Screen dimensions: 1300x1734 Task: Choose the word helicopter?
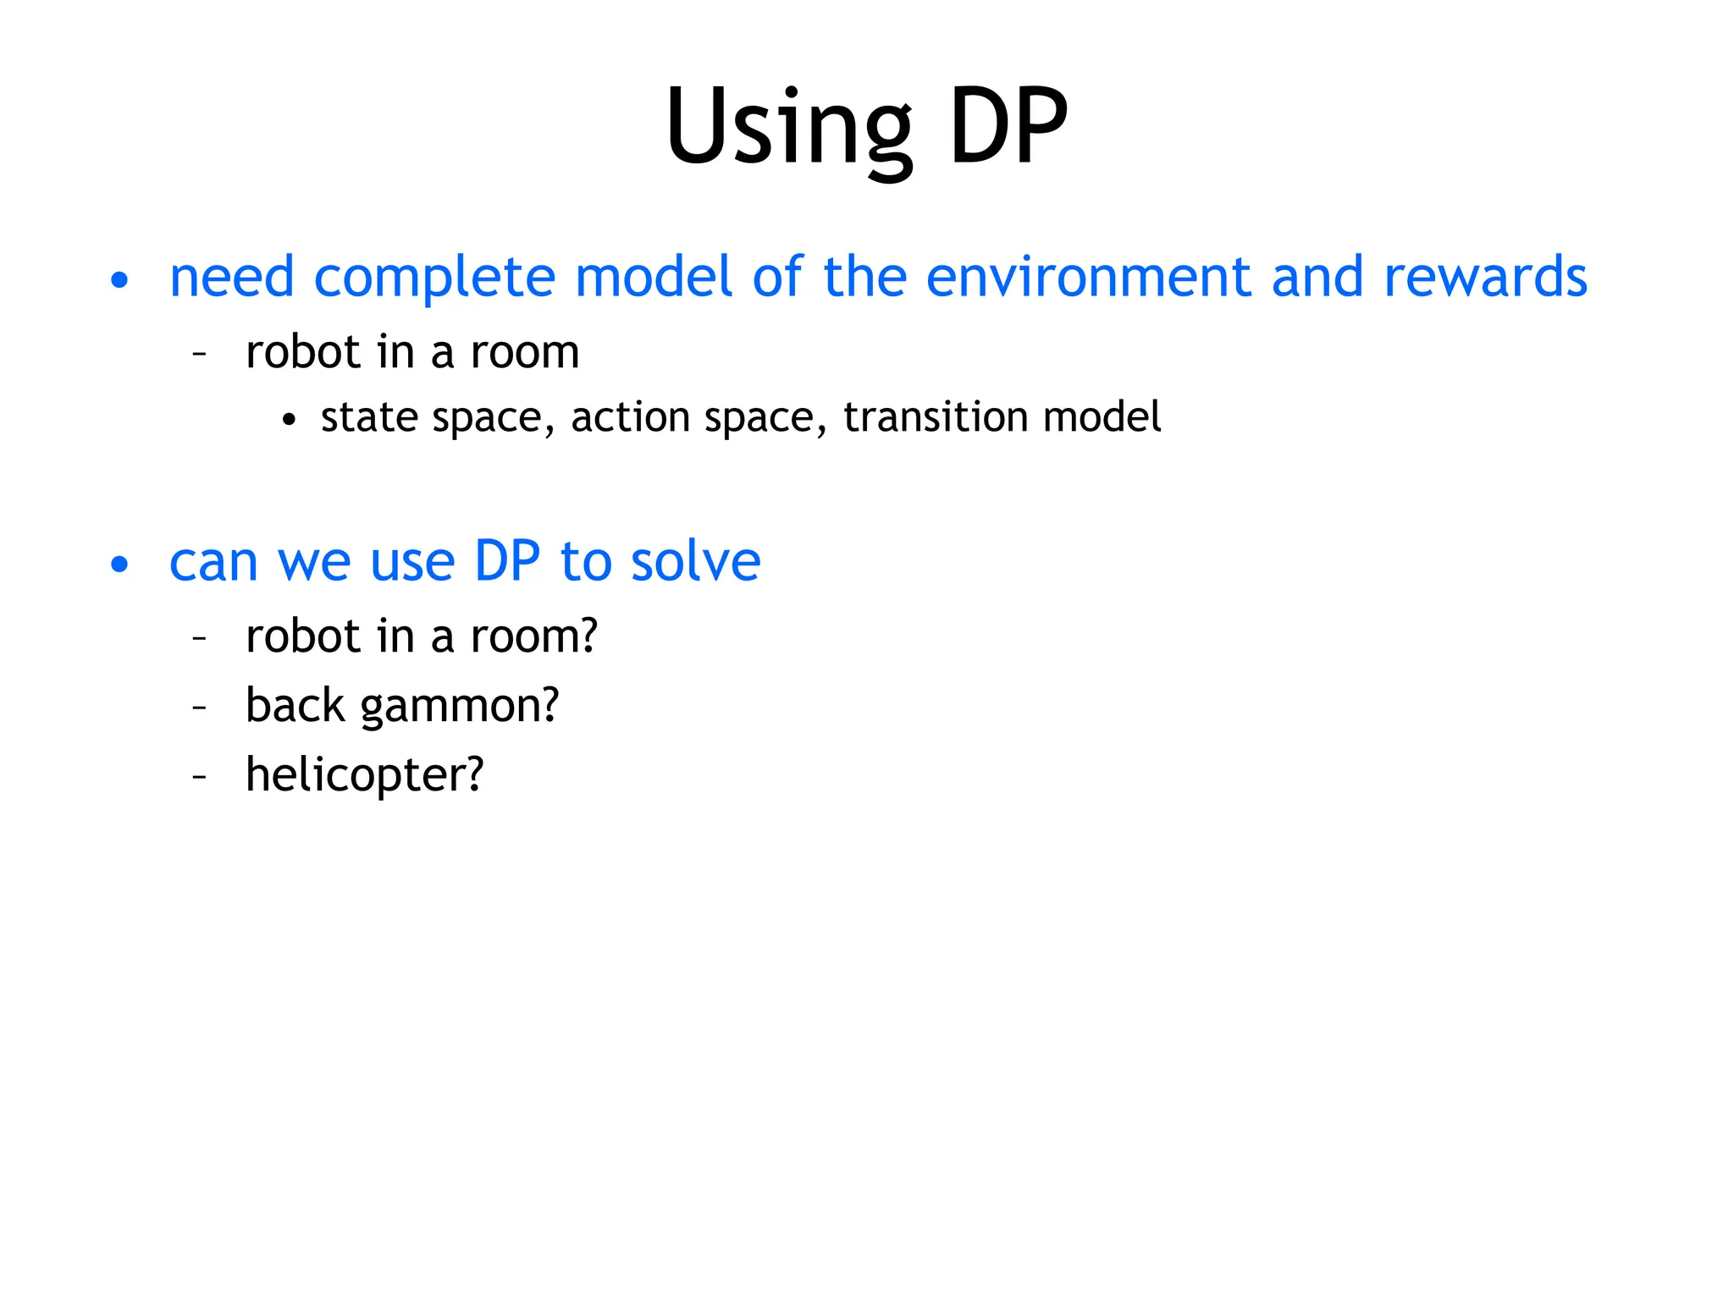364,774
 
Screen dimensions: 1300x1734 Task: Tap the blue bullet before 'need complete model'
119,280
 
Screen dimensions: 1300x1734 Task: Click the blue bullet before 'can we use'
119,565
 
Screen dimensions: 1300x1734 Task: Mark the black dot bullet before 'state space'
290,420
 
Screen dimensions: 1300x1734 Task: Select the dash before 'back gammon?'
200,707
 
